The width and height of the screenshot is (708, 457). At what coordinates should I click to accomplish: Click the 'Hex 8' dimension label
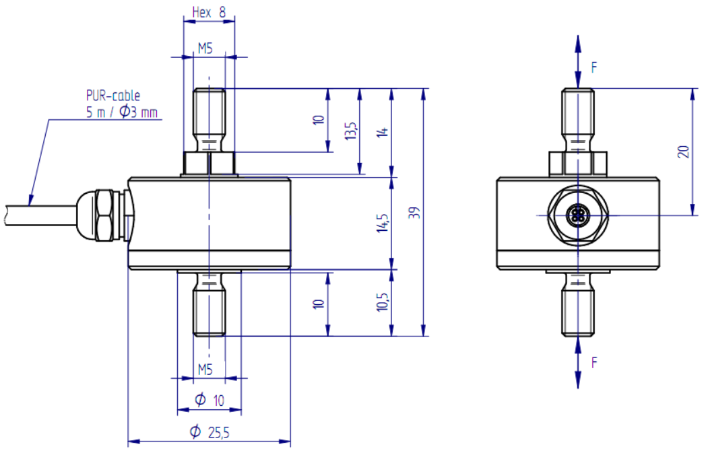pos(209,12)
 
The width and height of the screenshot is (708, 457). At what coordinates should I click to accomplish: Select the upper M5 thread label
pos(205,48)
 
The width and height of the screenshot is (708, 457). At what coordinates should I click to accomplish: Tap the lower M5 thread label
pos(205,370)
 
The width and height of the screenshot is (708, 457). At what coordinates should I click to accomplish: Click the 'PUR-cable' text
pos(113,96)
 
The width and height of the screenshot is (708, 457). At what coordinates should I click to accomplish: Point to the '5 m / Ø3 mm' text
pos(122,112)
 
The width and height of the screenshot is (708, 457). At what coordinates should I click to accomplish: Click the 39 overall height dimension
pos(414,213)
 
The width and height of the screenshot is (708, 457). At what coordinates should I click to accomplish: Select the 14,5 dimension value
pos(383,223)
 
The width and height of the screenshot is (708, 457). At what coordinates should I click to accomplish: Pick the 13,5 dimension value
pos(351,131)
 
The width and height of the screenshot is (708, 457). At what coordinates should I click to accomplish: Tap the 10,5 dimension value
pos(383,302)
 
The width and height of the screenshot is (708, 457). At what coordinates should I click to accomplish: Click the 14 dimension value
pos(383,132)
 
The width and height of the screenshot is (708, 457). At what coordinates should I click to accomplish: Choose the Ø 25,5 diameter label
pos(210,432)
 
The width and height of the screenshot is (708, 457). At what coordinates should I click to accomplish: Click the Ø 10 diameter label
pos(209,400)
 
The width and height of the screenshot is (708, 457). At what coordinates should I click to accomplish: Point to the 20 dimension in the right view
pos(684,151)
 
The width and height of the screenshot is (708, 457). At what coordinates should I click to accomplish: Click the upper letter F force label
pos(594,67)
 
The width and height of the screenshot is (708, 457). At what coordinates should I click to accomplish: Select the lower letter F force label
pos(594,362)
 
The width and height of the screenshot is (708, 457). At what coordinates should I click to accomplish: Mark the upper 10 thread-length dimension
pos(319,120)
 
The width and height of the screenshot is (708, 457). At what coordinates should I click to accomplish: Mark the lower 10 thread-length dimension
pos(319,304)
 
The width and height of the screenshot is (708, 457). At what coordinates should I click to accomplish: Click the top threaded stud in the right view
pos(578,120)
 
